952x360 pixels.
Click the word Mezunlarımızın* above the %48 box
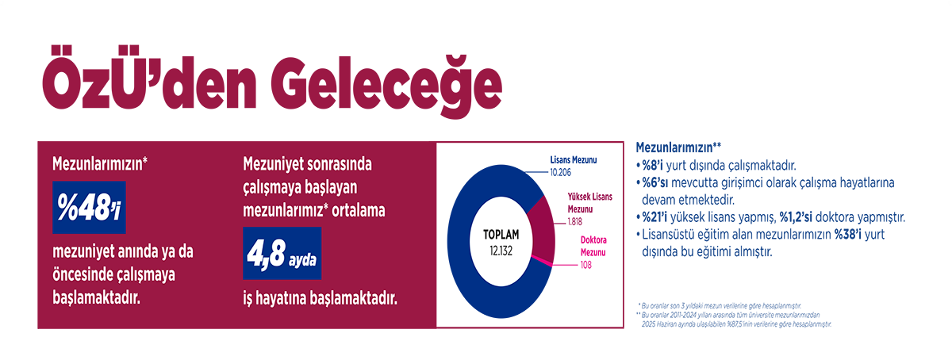[x=101, y=166]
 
